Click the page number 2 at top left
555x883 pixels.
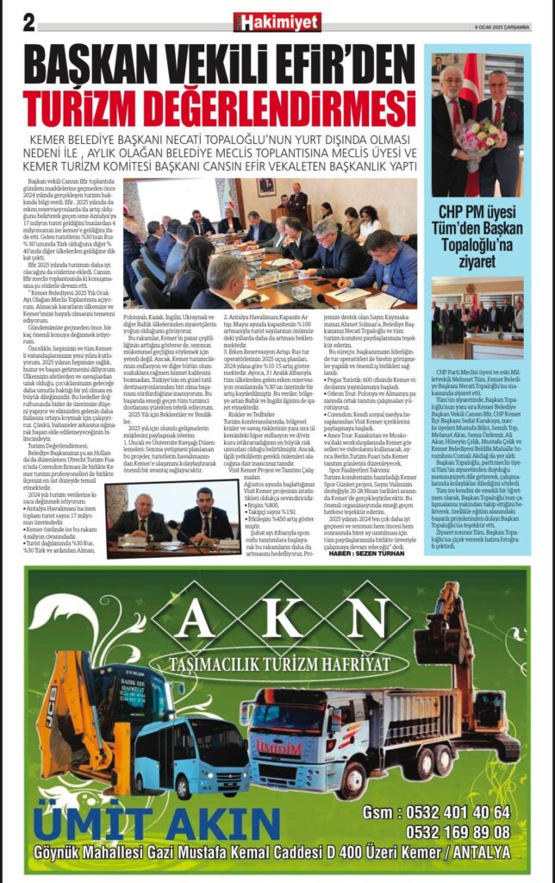click(28, 22)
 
